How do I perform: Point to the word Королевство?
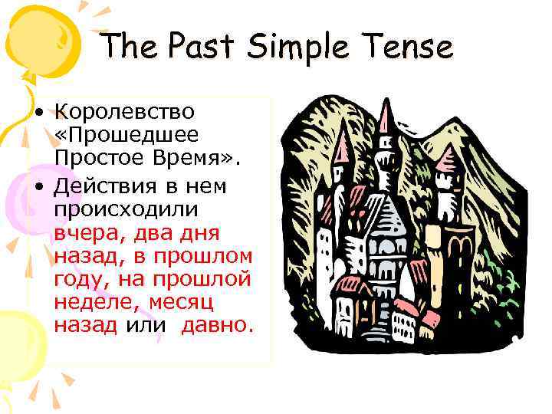pyautogui.click(x=125, y=112)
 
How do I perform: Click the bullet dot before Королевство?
pyautogui.click(x=38, y=112)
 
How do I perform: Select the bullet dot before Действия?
pyautogui.click(x=38, y=186)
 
